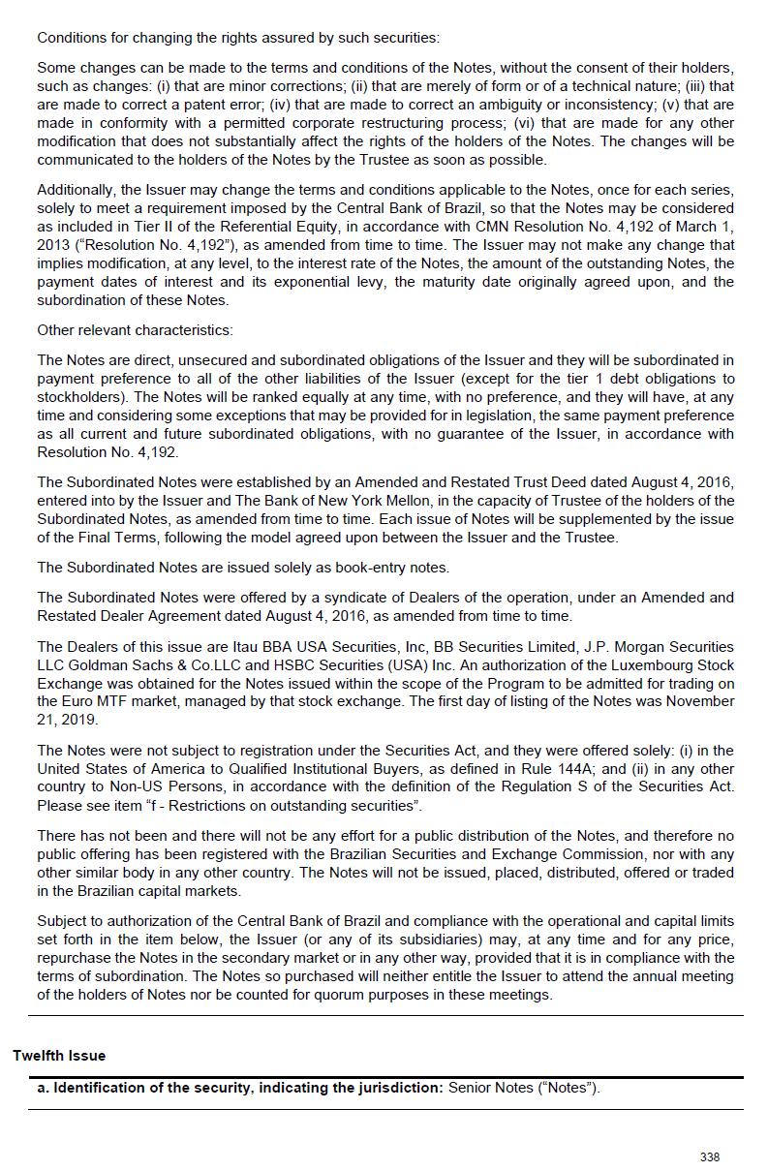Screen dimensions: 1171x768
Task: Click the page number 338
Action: pos(709,1156)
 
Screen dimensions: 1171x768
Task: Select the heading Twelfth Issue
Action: pos(59,1055)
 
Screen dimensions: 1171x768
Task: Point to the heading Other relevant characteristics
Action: pos(135,330)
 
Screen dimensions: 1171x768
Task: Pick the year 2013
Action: pos(53,245)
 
